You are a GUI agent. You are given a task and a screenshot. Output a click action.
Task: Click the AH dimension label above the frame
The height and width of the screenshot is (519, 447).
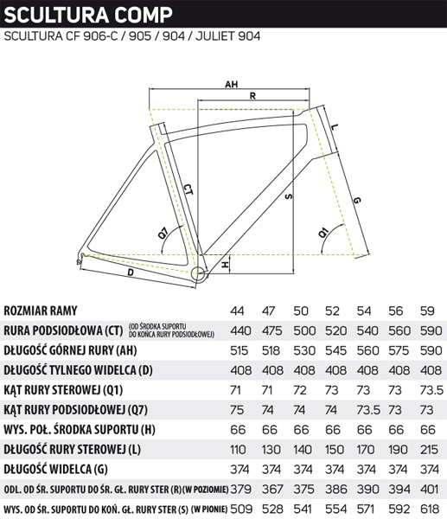(x=231, y=85)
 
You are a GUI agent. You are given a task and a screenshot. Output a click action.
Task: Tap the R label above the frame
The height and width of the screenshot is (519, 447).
(x=252, y=96)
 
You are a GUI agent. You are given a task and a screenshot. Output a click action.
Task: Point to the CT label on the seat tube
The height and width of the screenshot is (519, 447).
(x=188, y=189)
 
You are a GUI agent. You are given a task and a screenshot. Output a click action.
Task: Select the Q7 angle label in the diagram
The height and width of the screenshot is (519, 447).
(x=163, y=234)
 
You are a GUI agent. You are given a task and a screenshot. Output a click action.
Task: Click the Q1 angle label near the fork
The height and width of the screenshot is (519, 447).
(x=323, y=233)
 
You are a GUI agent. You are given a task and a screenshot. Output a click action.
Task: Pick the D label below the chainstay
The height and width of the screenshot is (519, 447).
(x=131, y=272)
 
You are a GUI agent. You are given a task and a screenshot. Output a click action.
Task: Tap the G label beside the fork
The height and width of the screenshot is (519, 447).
(x=357, y=201)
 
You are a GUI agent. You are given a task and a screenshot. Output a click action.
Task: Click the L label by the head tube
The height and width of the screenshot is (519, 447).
(x=335, y=127)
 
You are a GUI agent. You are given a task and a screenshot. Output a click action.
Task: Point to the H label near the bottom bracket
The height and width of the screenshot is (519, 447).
(x=225, y=265)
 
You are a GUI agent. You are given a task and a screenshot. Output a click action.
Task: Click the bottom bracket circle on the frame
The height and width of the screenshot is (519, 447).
(x=199, y=273)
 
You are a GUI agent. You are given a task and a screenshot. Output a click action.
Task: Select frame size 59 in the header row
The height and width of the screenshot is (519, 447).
(x=427, y=311)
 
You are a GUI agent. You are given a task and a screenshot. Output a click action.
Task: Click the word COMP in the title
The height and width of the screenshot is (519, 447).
(x=144, y=15)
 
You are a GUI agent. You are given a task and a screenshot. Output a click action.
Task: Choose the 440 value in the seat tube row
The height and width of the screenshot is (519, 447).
(x=240, y=330)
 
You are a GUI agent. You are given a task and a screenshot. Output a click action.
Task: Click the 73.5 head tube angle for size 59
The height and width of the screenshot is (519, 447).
(x=431, y=390)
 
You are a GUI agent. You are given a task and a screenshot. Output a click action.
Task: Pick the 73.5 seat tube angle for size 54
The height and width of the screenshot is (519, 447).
(x=368, y=410)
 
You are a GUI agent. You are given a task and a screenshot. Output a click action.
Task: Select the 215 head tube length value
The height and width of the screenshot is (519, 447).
(x=429, y=450)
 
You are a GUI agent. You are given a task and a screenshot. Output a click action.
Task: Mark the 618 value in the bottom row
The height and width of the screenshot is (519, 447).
(x=430, y=509)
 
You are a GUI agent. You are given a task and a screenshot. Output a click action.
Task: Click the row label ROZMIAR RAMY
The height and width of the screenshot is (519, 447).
(x=41, y=311)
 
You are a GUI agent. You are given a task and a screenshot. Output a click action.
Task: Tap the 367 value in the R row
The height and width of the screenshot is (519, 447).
(x=272, y=490)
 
